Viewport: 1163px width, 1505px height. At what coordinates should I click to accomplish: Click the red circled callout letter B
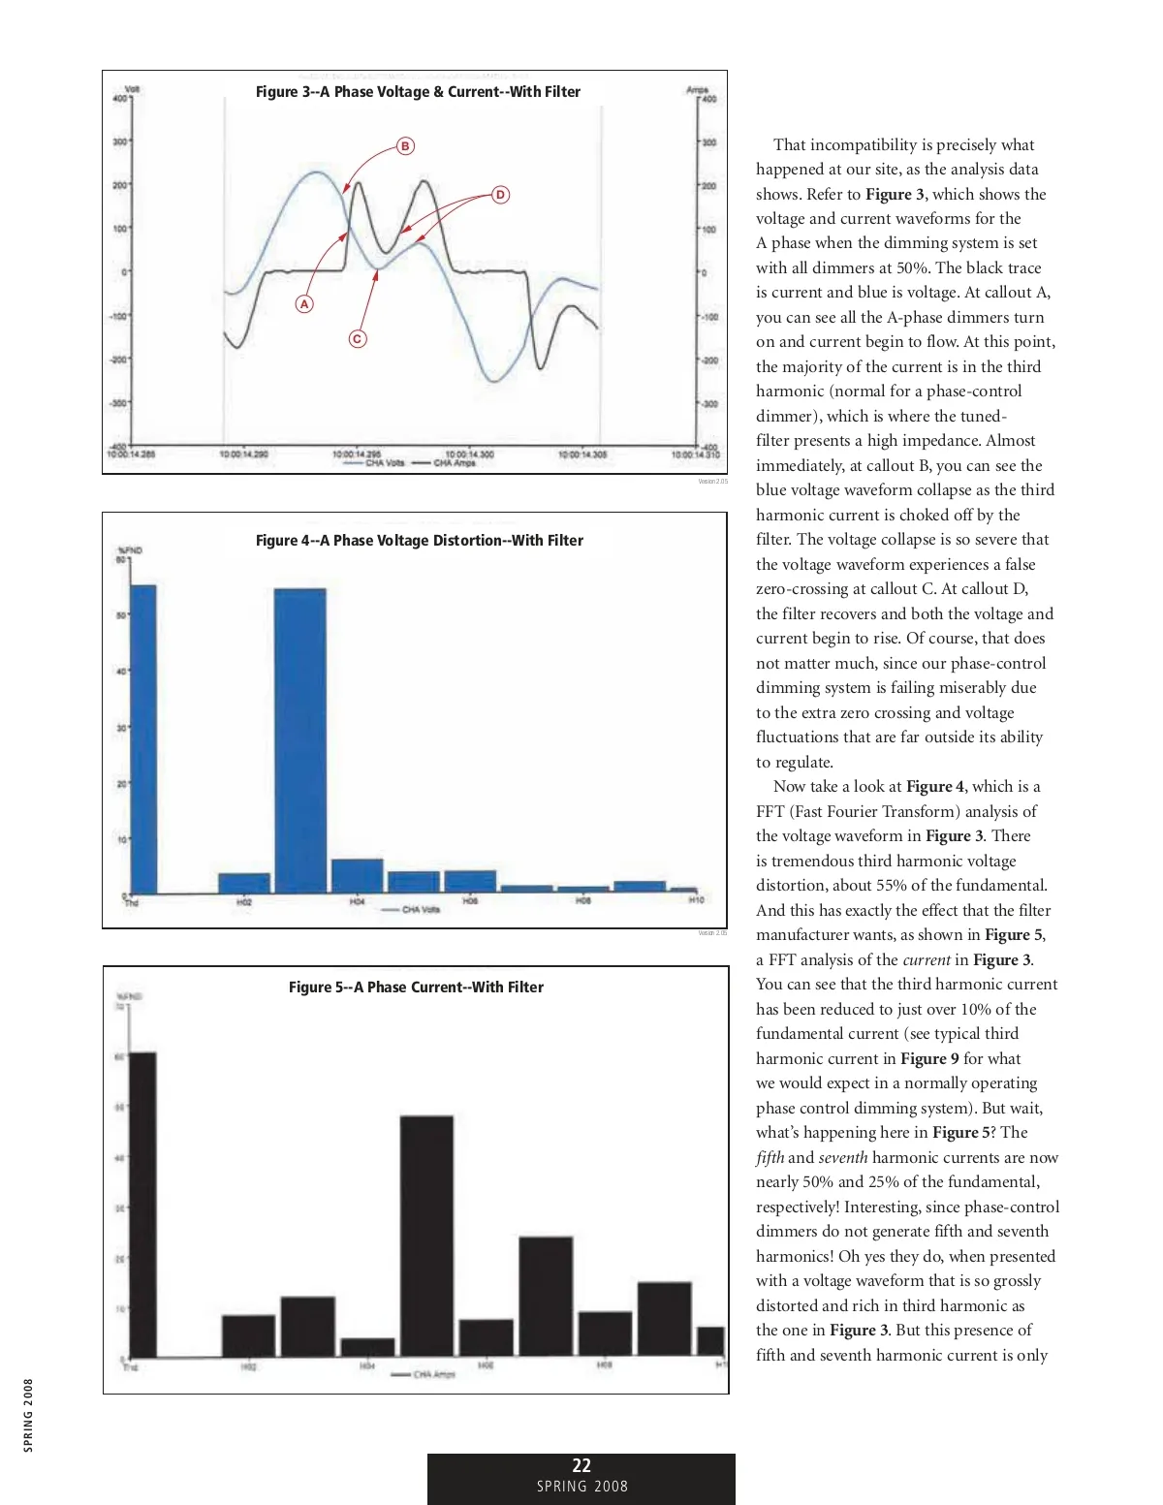(405, 146)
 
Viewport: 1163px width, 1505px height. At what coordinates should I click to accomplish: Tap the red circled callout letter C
(358, 339)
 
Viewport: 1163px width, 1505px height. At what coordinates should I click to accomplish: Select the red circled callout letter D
(500, 195)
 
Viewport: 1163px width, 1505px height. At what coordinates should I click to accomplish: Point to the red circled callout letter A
(304, 304)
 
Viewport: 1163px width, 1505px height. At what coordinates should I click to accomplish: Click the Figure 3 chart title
(418, 92)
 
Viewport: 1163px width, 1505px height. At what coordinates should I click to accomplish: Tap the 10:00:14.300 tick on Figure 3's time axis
(470, 454)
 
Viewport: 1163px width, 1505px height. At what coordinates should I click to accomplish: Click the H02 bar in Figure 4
(243, 883)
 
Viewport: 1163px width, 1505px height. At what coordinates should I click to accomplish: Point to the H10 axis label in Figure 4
(696, 901)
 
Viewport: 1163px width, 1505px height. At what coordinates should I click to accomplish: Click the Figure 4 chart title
(419, 541)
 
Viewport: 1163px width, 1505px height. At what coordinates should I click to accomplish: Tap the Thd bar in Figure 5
(142, 1204)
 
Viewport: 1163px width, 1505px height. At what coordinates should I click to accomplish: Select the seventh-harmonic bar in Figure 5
(546, 1296)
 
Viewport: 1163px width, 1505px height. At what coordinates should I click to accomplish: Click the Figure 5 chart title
(416, 988)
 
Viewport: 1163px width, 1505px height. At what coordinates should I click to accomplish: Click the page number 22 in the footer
(581, 1466)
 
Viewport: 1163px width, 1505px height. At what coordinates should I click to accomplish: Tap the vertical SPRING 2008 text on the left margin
(28, 1415)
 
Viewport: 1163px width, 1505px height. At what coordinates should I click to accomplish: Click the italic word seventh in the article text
(843, 1158)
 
